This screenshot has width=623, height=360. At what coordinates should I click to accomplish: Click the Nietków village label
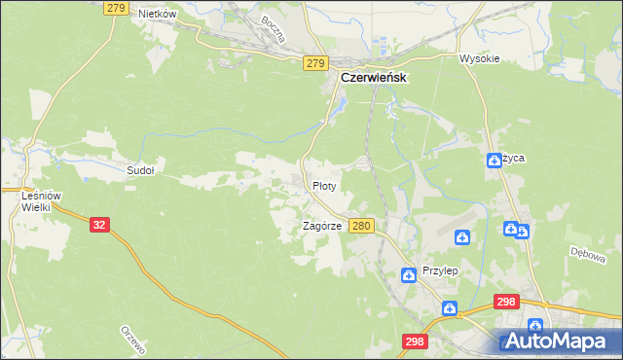coord(156,14)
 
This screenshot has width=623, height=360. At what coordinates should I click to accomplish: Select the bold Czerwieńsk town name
coord(373,77)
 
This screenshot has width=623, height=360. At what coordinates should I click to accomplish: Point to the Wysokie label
coord(479,58)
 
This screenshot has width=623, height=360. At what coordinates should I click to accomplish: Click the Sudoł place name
coord(141,169)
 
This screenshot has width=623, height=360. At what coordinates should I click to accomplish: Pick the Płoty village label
coord(324,184)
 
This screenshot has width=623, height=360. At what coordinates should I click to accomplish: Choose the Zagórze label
coord(320,226)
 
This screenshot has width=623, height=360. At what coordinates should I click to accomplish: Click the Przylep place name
coord(439,271)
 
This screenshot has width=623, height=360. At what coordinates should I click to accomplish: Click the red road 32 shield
coord(99,224)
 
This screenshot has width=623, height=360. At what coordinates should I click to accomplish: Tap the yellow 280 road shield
coord(362,226)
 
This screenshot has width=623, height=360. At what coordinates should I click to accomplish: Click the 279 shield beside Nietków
coord(115,8)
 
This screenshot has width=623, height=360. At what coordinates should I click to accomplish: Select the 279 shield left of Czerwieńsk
coord(313,62)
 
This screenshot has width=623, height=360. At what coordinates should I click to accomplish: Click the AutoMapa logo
coord(558,342)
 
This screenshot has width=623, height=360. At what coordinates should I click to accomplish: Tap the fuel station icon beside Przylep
coord(408,276)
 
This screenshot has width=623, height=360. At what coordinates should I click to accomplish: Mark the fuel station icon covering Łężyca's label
coord(495,161)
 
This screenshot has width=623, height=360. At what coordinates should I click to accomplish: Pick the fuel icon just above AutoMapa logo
coord(534,326)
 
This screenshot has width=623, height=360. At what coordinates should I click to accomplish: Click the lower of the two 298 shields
coord(414,342)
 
